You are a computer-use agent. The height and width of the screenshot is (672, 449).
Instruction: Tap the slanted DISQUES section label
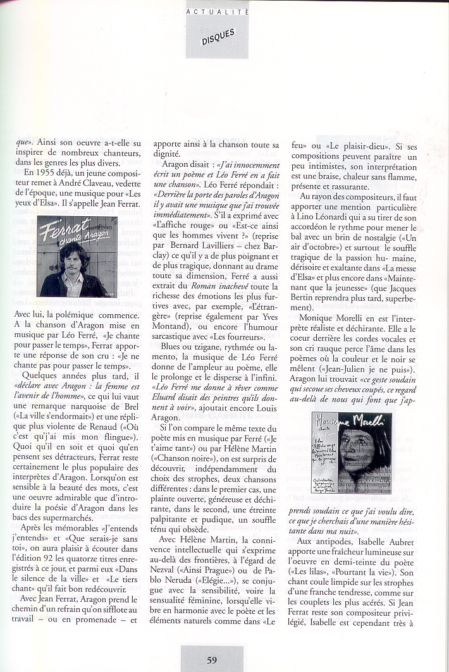pyautogui.click(x=218, y=37)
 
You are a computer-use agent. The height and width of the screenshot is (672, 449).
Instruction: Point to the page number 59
pyautogui.click(x=212, y=660)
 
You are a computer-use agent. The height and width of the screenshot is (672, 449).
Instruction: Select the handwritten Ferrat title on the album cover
pyautogui.click(x=63, y=230)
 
